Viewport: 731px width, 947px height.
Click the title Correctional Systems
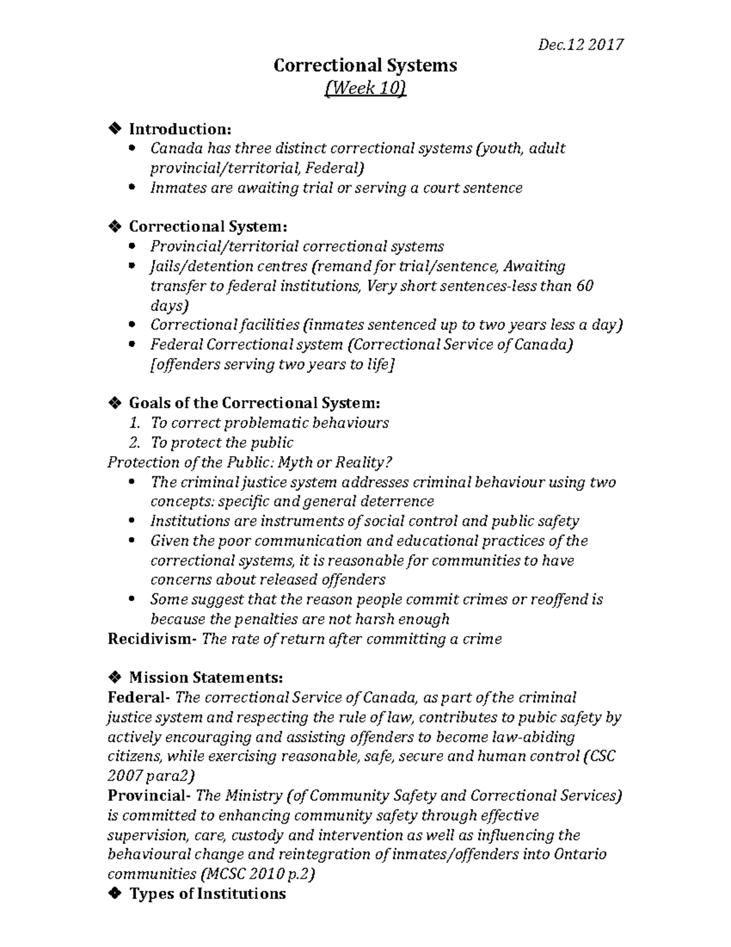(x=365, y=65)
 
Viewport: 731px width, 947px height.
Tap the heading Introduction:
(x=180, y=129)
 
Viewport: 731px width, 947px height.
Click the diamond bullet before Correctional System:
(x=114, y=227)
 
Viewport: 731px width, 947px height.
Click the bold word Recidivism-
(x=152, y=639)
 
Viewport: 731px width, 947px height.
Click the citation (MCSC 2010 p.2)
(x=258, y=874)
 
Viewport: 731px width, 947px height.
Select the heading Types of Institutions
(x=207, y=894)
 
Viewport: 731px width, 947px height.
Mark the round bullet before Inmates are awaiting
(x=133, y=188)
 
